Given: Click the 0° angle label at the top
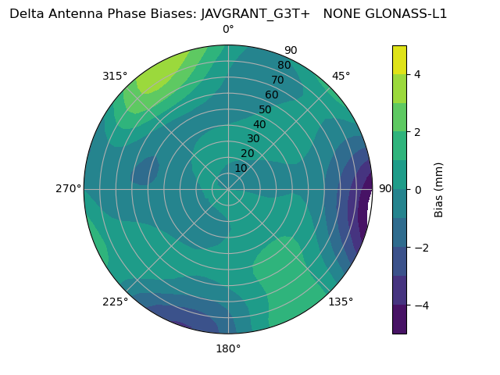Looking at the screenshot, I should click(228, 30).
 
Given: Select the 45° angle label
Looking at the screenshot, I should click(341, 76).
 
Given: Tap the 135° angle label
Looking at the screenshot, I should click(341, 302).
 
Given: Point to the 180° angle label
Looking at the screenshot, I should click(228, 348).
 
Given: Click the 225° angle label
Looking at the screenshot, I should click(115, 302).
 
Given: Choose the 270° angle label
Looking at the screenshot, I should click(68, 188).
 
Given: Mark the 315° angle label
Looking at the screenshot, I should click(115, 76).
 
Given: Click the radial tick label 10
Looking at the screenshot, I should click(241, 168).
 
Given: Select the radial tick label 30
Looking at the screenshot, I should click(253, 139).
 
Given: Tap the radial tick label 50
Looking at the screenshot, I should click(266, 109).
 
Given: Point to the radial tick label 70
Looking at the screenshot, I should click(277, 80).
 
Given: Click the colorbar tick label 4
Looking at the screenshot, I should click(417, 74).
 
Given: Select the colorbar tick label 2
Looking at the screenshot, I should click(417, 132).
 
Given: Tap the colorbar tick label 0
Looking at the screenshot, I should click(417, 189).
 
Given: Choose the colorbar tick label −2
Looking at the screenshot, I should click(420, 248).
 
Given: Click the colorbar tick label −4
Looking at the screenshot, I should click(420, 305).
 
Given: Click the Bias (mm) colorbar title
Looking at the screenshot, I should click(439, 189).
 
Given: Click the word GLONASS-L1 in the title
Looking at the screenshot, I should click(403, 13).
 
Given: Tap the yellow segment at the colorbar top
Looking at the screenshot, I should click(399, 59).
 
